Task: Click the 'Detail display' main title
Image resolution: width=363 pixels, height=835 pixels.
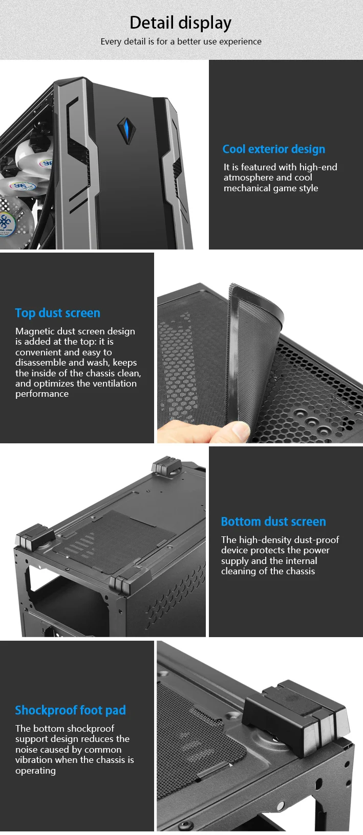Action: pyautogui.click(x=180, y=23)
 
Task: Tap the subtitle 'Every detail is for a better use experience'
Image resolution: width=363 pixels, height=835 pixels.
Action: pyautogui.click(x=181, y=41)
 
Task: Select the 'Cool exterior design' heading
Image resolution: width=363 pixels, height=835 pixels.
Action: pyautogui.click(x=273, y=149)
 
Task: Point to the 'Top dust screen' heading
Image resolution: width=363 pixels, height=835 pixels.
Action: pyautogui.click(x=57, y=313)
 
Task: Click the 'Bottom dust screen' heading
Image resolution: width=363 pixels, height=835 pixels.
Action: pyautogui.click(x=273, y=522)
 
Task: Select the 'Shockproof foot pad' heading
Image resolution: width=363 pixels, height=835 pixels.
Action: pyautogui.click(x=70, y=710)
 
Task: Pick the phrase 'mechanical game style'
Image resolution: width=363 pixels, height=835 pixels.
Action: pyautogui.click(x=270, y=188)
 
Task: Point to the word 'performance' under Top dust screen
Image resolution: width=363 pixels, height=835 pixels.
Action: pyautogui.click(x=41, y=394)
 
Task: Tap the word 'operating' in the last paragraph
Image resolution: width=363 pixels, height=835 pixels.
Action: pyautogui.click(x=35, y=771)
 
